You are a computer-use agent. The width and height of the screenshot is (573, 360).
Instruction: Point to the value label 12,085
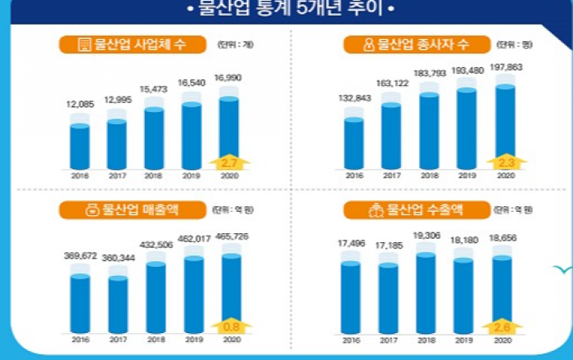[x=80, y=104]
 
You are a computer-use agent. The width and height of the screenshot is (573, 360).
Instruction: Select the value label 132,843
[x=354, y=98]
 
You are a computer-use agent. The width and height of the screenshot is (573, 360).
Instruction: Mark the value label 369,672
[x=80, y=255]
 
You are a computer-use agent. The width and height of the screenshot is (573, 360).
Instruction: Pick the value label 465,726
[x=228, y=236]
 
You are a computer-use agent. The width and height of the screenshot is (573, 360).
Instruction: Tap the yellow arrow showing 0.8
[x=228, y=327]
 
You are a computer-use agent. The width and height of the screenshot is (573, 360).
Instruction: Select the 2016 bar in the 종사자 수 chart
[x=354, y=143]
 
